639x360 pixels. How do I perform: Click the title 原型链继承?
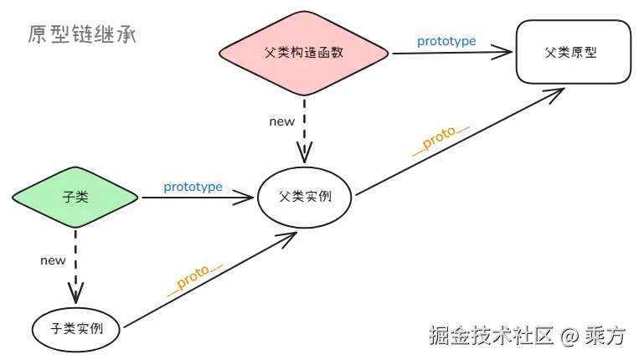(81, 34)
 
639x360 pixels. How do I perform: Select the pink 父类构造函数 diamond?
(305, 54)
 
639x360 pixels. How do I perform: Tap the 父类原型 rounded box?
(574, 52)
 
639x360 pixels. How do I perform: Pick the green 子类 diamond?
(75, 198)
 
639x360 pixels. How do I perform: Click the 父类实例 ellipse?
(305, 198)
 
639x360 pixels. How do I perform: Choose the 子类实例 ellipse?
(75, 328)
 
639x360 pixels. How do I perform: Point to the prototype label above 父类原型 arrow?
(446, 41)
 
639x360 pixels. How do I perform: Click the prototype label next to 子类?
(193, 187)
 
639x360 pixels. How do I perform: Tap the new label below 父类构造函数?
(281, 121)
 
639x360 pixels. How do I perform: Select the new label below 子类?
(53, 260)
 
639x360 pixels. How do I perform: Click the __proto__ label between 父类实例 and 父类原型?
(441, 141)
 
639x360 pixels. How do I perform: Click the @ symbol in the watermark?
(569, 337)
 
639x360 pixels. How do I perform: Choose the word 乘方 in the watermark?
(606, 337)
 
